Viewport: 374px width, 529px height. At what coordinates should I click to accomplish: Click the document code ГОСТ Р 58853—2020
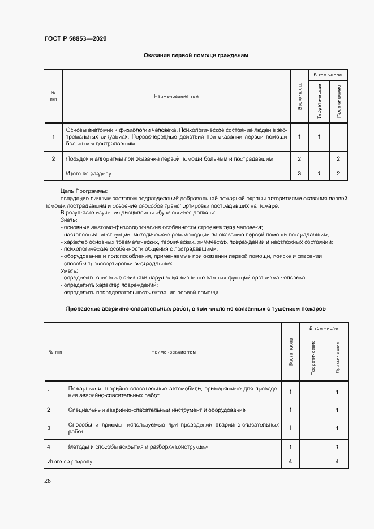tap(75, 38)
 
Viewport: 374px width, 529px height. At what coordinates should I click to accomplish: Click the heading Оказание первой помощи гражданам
tap(196, 55)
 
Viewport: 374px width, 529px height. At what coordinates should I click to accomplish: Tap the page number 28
tap(47, 480)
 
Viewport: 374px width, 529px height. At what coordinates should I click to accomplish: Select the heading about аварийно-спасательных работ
tap(196, 309)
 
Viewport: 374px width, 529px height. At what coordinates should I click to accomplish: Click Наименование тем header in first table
tap(176, 96)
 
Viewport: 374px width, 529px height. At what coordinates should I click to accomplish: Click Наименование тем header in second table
tap(173, 352)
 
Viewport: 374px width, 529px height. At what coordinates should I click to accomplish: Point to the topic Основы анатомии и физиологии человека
tap(177, 136)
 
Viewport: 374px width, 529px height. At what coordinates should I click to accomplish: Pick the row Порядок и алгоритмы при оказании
tap(170, 159)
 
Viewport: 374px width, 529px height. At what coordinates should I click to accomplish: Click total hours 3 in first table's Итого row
tap(299, 173)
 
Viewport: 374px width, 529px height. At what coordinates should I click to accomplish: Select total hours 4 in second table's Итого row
tap(290, 462)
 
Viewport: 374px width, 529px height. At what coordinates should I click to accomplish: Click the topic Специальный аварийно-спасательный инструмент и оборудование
tap(156, 410)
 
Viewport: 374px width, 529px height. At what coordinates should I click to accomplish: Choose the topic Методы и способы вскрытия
tap(137, 447)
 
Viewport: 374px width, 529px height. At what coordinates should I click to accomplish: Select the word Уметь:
tap(68, 271)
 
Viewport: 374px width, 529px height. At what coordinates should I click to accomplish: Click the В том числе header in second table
tap(323, 329)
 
